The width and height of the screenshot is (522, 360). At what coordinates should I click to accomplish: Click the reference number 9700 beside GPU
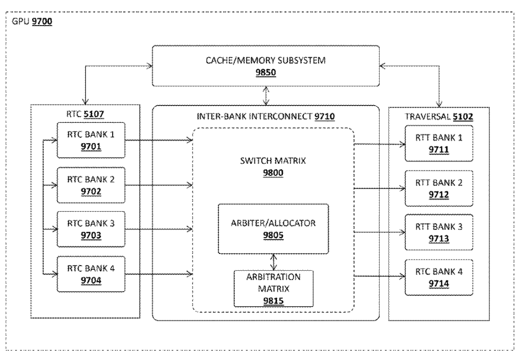click(42, 22)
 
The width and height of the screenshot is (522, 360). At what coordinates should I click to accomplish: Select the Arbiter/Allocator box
click(273, 228)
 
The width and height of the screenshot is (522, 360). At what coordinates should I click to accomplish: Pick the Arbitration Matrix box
click(273, 288)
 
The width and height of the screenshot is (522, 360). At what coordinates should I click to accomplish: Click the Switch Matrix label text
click(273, 162)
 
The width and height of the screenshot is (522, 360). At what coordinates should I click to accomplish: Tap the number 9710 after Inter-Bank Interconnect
click(325, 117)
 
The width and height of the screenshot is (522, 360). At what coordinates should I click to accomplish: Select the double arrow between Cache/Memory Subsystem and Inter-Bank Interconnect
click(266, 95)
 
